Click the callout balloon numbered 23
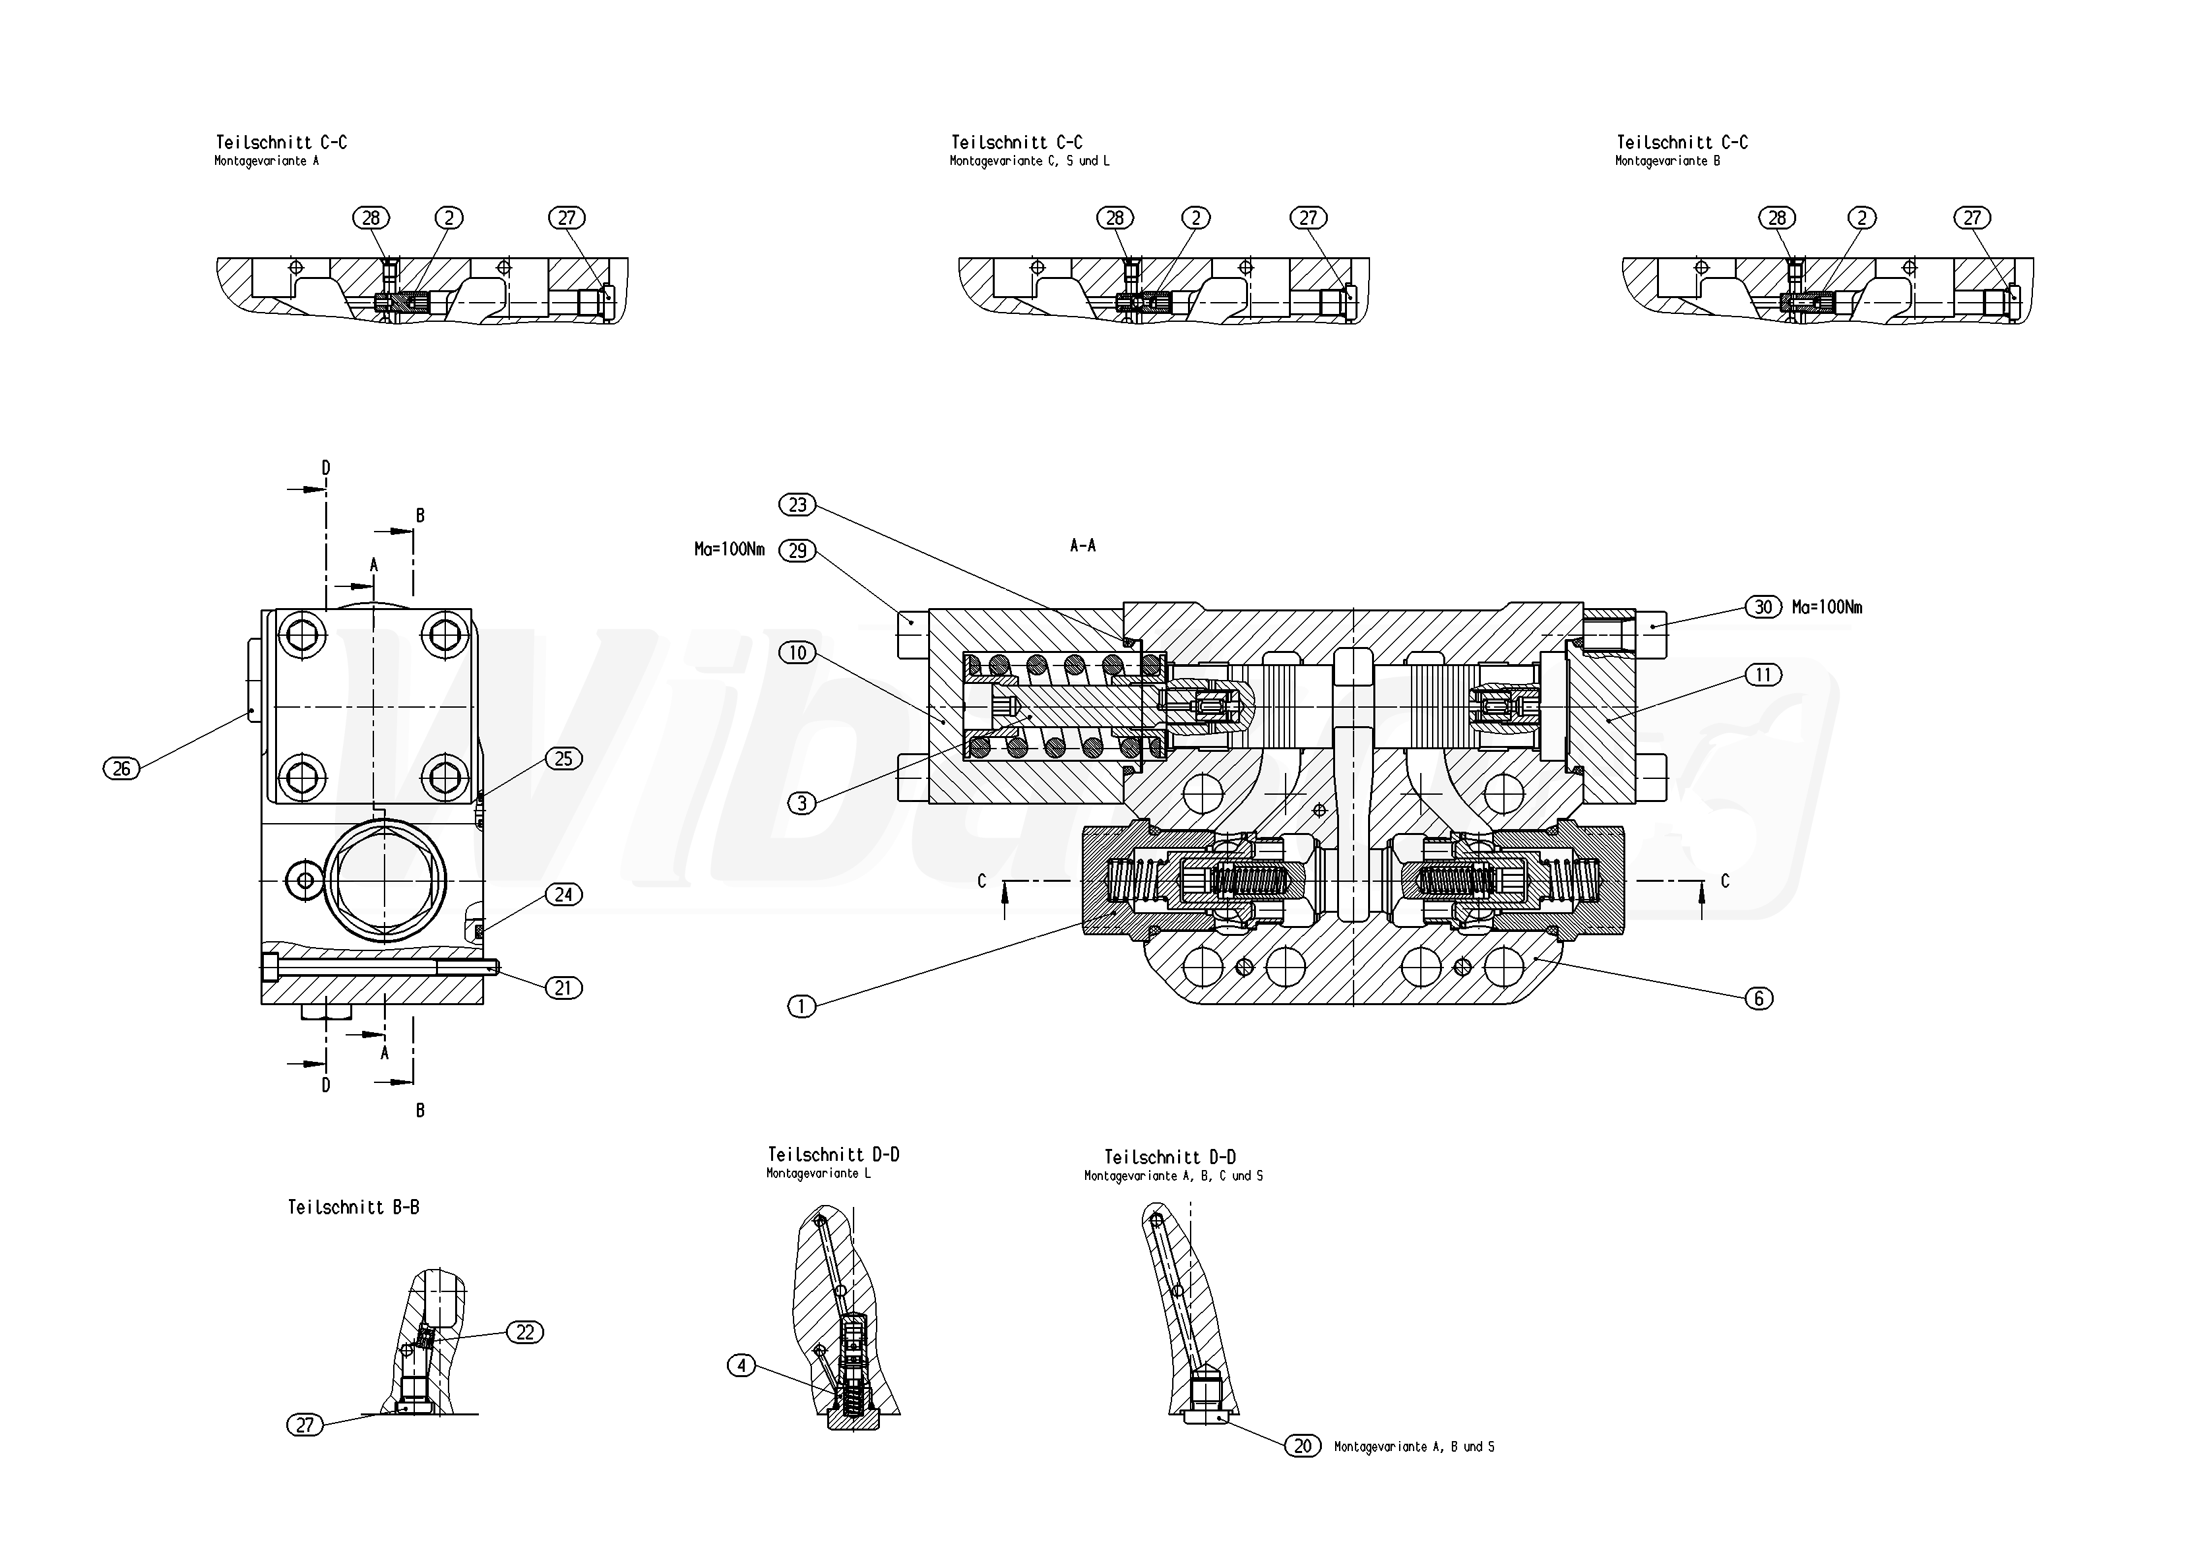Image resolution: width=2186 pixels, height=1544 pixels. click(x=798, y=505)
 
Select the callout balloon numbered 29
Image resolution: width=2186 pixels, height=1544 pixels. click(x=798, y=550)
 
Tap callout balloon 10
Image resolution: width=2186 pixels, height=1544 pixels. click(x=798, y=653)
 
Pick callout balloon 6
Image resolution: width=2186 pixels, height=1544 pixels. click(x=1759, y=998)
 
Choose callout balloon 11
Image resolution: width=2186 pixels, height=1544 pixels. click(x=1763, y=675)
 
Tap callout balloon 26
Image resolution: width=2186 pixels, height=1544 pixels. click(x=121, y=768)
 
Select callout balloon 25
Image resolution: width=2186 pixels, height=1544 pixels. click(x=563, y=758)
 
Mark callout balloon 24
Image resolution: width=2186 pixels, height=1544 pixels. click(x=563, y=895)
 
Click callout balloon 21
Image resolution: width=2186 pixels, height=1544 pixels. click(x=563, y=988)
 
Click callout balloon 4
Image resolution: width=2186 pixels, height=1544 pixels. click(x=741, y=1366)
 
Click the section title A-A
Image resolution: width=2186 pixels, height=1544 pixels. click(x=1082, y=545)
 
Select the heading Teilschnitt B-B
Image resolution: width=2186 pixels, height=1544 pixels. click(x=353, y=1207)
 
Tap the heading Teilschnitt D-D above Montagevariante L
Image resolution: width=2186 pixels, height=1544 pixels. click(x=833, y=1155)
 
